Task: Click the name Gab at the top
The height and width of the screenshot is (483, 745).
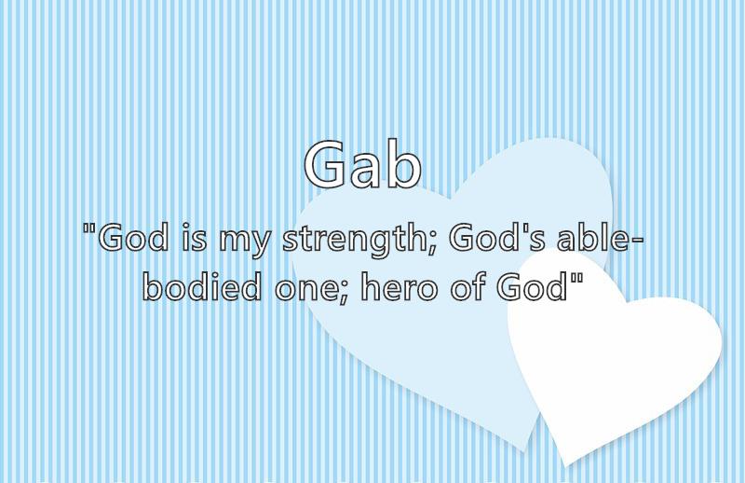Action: point(362,164)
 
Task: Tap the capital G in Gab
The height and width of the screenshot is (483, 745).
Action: point(324,164)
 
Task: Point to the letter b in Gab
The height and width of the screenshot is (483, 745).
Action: point(403,163)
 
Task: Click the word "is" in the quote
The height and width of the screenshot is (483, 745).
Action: point(195,238)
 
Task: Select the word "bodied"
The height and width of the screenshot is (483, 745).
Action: point(202,286)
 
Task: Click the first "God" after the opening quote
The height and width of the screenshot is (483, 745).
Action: point(133,237)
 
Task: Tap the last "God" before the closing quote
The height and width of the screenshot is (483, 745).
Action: point(533,286)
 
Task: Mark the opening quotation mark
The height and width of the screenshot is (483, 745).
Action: point(88,228)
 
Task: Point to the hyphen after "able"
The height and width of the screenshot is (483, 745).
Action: point(636,241)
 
